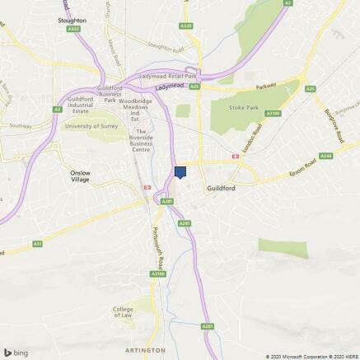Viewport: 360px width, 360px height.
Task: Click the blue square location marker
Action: click(180, 171)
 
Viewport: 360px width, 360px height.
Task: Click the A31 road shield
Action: click(38, 244)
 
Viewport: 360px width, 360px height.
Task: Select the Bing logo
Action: click(16, 352)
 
